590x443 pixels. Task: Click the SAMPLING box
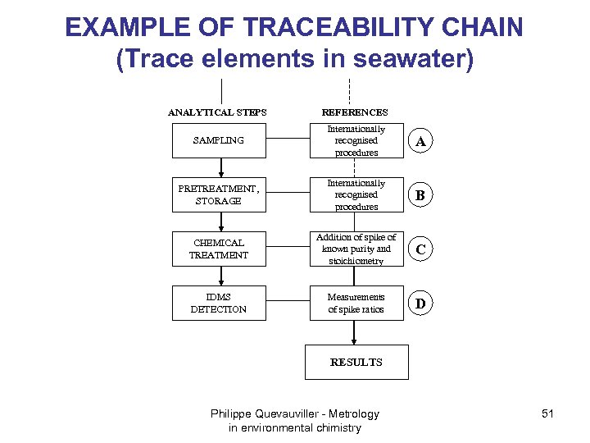click(x=219, y=141)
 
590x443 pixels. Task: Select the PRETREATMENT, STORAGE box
click(x=219, y=195)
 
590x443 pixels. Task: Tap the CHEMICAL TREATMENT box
click(x=219, y=249)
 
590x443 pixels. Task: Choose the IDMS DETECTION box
click(x=219, y=304)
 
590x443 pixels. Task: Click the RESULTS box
click(x=356, y=362)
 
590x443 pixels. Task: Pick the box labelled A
click(x=420, y=142)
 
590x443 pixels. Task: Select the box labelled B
click(x=420, y=196)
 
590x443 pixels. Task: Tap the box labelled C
click(x=420, y=250)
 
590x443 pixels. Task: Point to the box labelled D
click(x=420, y=304)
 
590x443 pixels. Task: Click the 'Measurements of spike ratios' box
click(x=356, y=304)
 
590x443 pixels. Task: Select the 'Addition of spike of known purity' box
click(x=356, y=249)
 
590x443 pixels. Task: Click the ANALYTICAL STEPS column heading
click(x=217, y=112)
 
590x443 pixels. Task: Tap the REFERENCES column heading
click(x=355, y=112)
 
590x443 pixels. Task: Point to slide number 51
click(x=547, y=413)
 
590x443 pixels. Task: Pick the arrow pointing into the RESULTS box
click(x=355, y=332)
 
